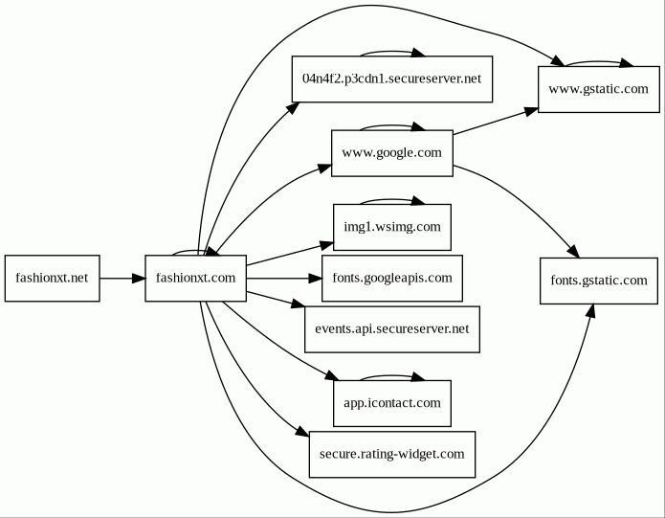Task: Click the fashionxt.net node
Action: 52,279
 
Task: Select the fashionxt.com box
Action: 195,279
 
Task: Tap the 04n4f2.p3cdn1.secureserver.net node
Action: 391,79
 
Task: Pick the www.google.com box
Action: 391,152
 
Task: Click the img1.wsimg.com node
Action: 391,227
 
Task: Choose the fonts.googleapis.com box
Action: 391,279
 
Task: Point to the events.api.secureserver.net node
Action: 391,329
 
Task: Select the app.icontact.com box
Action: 391,403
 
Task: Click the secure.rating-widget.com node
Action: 391,454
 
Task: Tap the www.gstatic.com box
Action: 599,89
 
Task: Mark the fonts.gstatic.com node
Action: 599,281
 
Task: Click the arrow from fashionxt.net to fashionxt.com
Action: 122,279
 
